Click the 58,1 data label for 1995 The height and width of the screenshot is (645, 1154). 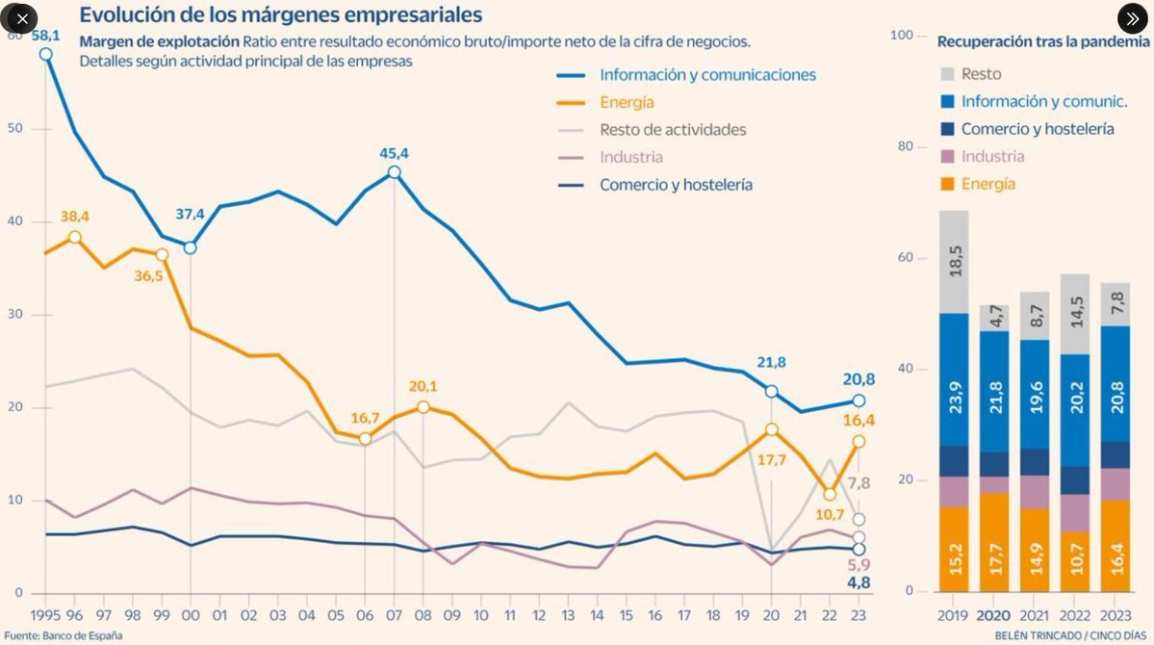[46, 35]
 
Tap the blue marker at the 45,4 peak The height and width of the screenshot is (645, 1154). [394, 172]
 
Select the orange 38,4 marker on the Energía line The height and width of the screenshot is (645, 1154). [75, 237]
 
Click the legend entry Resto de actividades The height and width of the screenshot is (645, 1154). [673, 129]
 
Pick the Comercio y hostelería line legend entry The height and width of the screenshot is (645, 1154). [676, 185]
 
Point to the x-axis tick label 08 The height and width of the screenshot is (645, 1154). [423, 613]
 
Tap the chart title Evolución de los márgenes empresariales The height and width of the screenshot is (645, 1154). [281, 15]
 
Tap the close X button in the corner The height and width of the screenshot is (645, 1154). [22, 18]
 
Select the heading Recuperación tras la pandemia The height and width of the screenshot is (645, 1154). [1042, 42]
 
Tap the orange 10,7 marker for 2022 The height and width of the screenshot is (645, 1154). [829, 495]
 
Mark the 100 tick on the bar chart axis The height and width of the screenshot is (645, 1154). [901, 36]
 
